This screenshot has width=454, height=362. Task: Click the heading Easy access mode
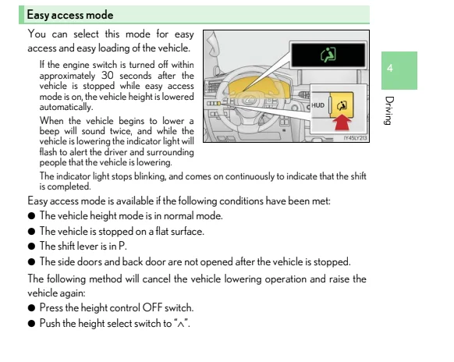coord(70,15)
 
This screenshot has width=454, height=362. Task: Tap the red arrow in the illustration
coord(342,122)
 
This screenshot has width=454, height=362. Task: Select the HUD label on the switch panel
coord(318,105)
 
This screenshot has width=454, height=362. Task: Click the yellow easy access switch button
coord(342,105)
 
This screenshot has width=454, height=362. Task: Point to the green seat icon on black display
coord(328,54)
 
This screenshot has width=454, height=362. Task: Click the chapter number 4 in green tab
coord(390,69)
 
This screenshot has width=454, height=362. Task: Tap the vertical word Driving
coord(389,110)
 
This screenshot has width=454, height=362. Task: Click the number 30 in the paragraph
coord(107,76)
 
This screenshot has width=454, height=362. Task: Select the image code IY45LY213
coord(355,138)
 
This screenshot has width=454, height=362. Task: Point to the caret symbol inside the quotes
coord(181,324)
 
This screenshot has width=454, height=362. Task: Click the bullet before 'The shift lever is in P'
coord(31,247)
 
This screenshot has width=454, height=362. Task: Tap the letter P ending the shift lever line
coord(122,246)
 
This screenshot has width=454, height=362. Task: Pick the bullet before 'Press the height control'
coord(31,307)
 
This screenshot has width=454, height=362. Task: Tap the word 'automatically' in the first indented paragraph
coord(66,107)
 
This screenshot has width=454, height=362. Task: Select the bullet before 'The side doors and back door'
coord(31,262)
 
